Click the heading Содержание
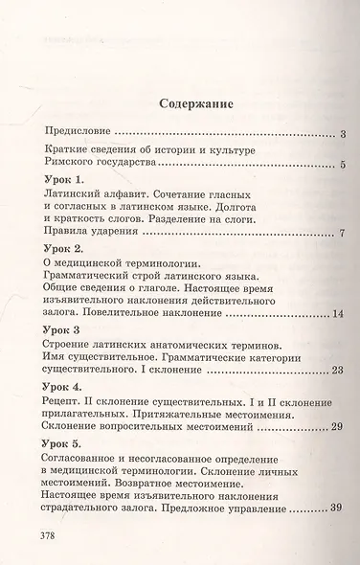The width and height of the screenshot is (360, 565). point(180,103)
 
